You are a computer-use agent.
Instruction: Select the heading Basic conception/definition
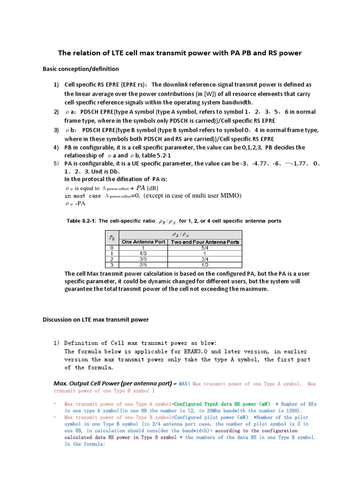pos(81,69)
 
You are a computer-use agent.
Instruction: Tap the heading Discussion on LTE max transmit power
pos(96,320)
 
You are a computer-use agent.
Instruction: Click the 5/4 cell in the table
pos(205,247)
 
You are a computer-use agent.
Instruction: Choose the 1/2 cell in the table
pos(205,264)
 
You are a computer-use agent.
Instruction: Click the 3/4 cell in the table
pos(205,258)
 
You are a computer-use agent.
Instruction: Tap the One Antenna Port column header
pos(143,242)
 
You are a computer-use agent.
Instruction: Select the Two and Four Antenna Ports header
pos(205,242)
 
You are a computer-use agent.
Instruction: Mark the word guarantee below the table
pos(79,289)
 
